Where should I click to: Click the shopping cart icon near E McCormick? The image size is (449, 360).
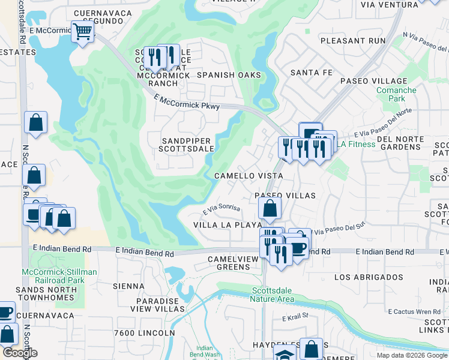82,31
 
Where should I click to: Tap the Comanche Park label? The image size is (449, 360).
396,94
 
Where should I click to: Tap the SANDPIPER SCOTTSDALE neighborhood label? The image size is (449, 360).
187,145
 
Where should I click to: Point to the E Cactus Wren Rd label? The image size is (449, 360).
414,311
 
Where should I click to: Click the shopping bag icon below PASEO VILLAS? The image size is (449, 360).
270,209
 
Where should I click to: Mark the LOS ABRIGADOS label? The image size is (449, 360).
369,277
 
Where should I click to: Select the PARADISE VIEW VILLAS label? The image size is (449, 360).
158,305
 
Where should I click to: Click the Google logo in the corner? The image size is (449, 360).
19,353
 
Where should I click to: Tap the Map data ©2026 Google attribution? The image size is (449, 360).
412,355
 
